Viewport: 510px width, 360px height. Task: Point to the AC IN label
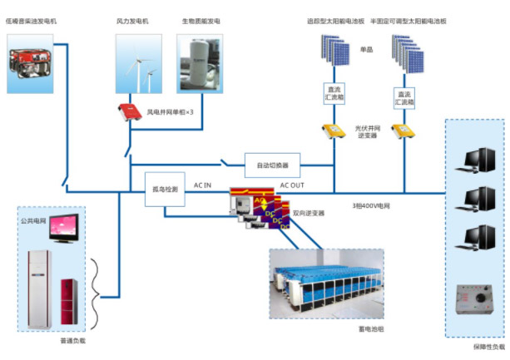coord(203,184)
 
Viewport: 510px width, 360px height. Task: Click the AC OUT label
coord(292,184)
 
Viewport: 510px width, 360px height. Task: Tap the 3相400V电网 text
coord(370,204)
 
